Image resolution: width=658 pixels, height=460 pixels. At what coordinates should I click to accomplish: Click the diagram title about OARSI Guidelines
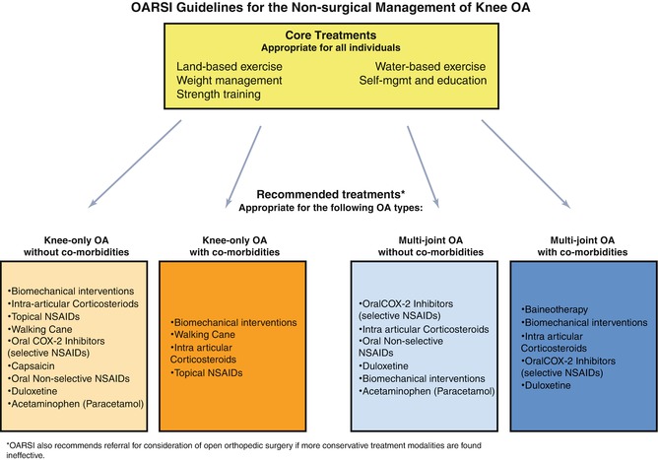point(330,13)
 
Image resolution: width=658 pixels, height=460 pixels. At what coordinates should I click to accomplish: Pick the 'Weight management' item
point(226,81)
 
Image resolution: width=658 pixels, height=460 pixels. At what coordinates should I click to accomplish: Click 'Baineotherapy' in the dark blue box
point(557,309)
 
